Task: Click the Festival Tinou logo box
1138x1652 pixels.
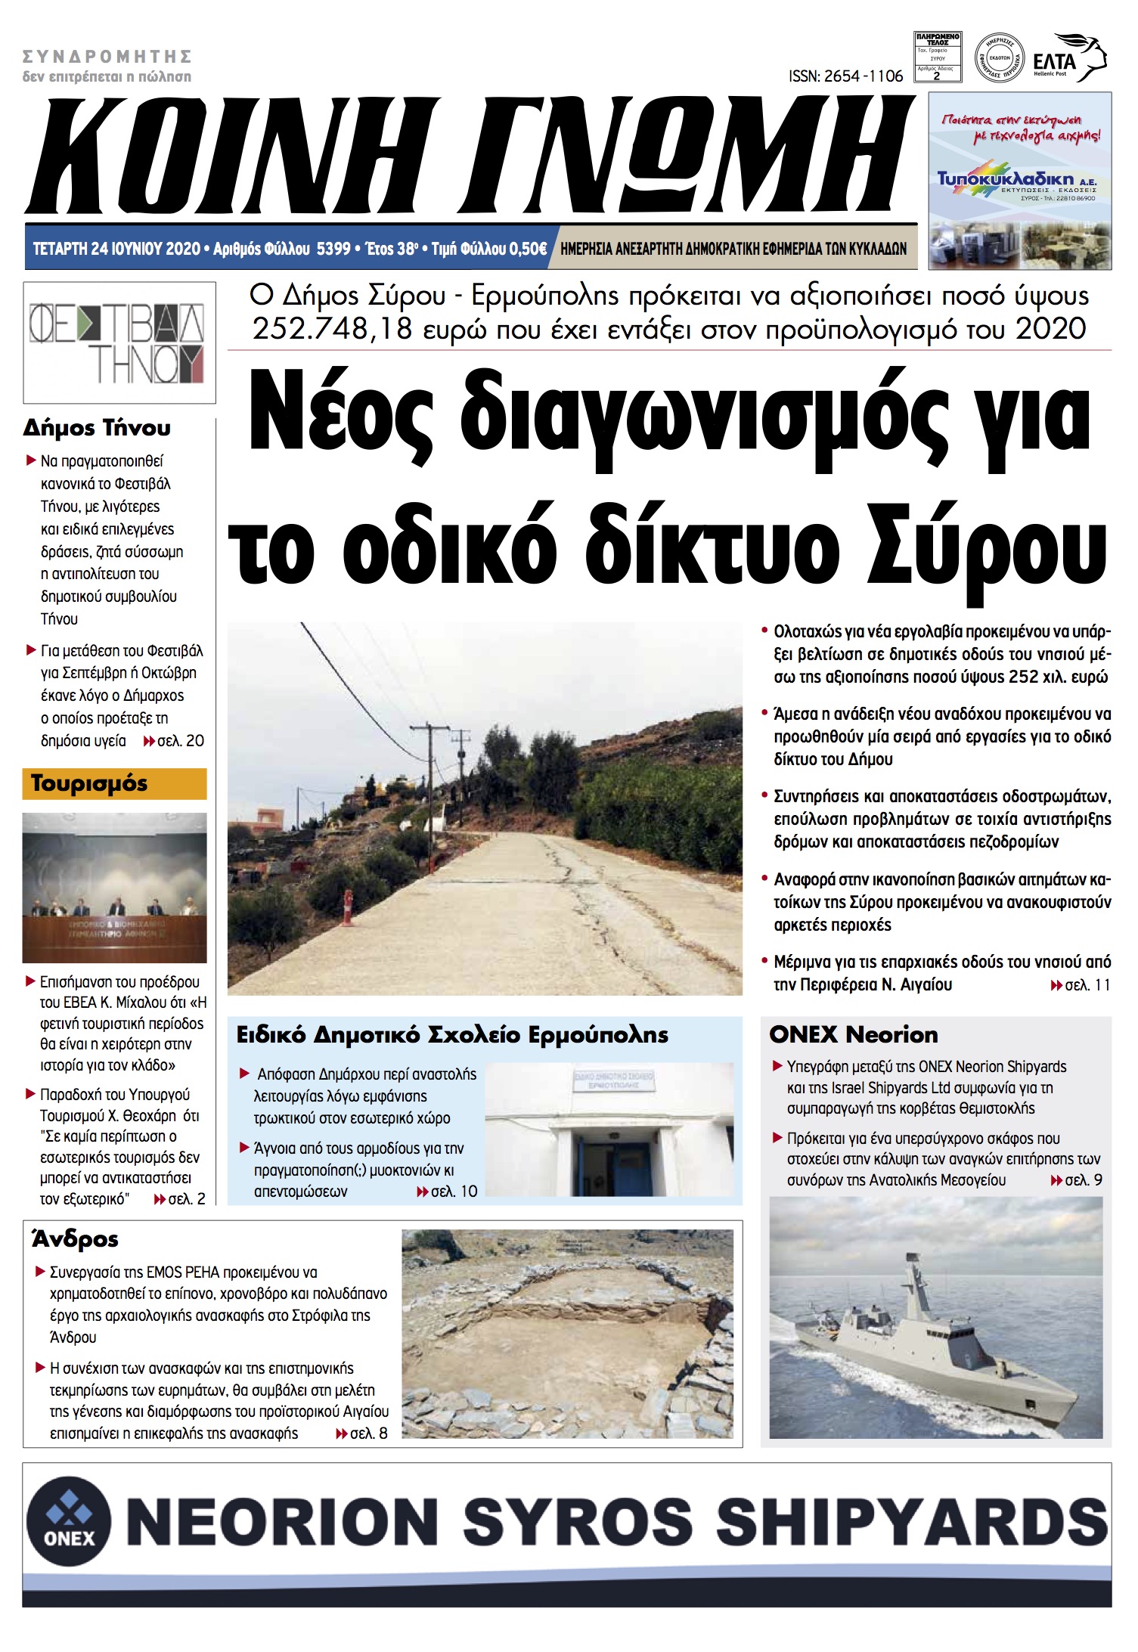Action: point(119,342)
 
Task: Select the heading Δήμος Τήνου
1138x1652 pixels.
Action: point(97,428)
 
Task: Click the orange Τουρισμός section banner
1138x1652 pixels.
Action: point(114,784)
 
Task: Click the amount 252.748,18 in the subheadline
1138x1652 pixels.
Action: point(332,330)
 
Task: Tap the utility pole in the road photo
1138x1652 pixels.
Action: point(431,764)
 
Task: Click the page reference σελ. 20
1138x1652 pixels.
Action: point(180,741)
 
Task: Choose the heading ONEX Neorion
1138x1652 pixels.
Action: point(853,1034)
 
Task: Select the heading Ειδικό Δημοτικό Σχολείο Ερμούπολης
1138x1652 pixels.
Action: point(452,1034)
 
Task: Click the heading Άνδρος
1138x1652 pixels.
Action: point(75,1239)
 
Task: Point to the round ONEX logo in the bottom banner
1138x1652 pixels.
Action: point(69,1520)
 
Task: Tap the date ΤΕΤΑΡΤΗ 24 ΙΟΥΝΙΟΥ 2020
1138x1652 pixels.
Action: point(116,249)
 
